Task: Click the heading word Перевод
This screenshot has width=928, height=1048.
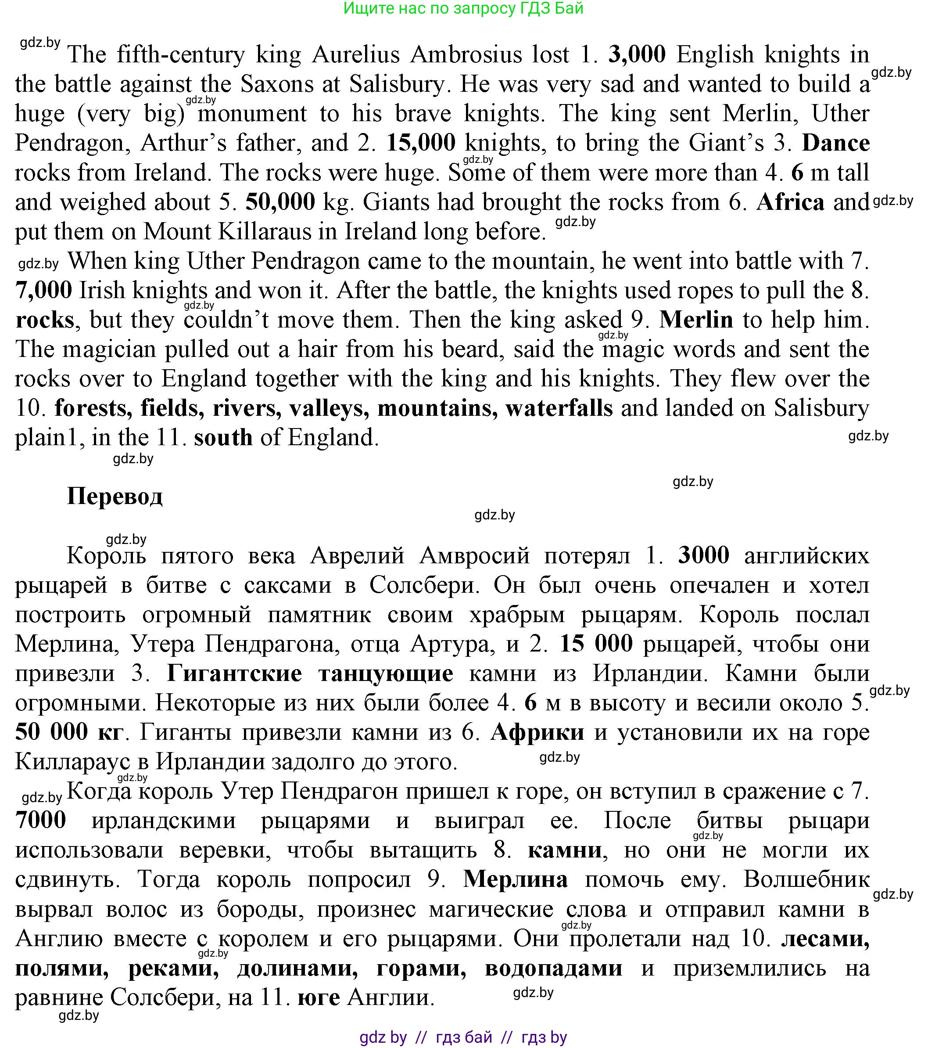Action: (x=115, y=496)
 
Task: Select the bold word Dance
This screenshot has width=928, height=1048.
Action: (x=835, y=143)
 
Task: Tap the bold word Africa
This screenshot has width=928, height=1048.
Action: (x=790, y=202)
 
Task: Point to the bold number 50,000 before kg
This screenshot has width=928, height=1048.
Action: (x=280, y=202)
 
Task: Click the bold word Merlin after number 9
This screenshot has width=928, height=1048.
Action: (x=696, y=320)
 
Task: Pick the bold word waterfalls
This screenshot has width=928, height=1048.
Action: (x=559, y=408)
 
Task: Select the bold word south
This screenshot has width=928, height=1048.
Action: (x=223, y=437)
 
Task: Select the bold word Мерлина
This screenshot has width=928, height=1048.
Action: (x=516, y=879)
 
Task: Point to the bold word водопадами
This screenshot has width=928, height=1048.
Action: (x=553, y=968)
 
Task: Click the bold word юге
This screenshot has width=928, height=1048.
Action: (x=319, y=997)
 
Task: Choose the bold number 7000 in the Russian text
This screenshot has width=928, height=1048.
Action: (x=41, y=820)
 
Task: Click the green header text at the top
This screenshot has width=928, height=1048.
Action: (x=463, y=8)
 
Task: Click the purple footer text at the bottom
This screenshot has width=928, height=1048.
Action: (x=463, y=1037)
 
